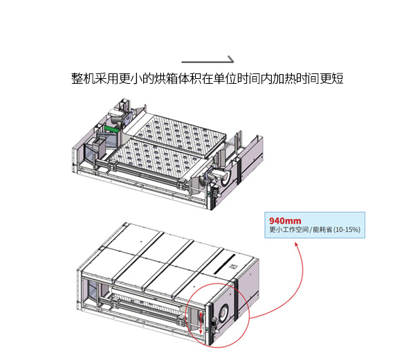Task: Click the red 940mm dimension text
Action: (285, 221)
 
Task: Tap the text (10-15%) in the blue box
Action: (347, 229)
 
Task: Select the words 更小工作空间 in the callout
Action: (288, 229)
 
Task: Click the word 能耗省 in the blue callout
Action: (322, 229)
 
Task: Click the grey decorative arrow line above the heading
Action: (207, 62)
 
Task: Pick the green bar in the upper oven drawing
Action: (111, 129)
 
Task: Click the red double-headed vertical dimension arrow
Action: (201, 323)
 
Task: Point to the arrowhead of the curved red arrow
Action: (297, 244)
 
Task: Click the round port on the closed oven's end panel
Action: (223, 313)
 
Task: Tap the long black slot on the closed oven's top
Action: (224, 264)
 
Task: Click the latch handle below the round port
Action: (216, 327)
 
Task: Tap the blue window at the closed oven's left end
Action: (93, 291)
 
